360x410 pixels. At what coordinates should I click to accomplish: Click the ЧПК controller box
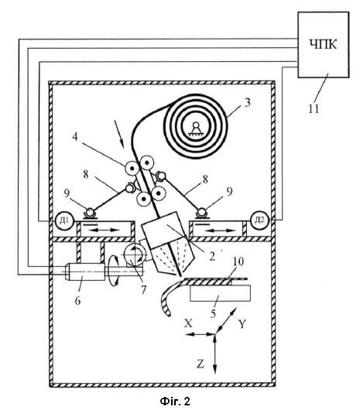pos(324,45)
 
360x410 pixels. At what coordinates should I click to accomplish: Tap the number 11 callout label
pos(314,108)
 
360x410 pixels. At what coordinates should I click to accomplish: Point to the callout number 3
pos(247,102)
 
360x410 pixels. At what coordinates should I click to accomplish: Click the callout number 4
pos(75,136)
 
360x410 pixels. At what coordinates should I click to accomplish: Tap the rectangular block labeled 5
pos(221,293)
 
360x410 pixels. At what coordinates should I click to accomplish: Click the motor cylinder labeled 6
pos(84,272)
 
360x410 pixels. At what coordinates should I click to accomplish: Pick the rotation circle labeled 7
pos(134,255)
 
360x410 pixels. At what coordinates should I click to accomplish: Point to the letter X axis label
pos(188,323)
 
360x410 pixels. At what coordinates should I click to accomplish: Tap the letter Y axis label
pos(242,323)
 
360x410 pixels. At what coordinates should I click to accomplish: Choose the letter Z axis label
pos(201,364)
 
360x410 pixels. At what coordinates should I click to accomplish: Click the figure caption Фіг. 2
pos(175,401)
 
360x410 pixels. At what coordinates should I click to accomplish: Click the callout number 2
pos(212,256)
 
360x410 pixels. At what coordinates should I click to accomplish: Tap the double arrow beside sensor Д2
pos(220,231)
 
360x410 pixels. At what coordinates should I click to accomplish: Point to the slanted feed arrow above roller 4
pos(118,132)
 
